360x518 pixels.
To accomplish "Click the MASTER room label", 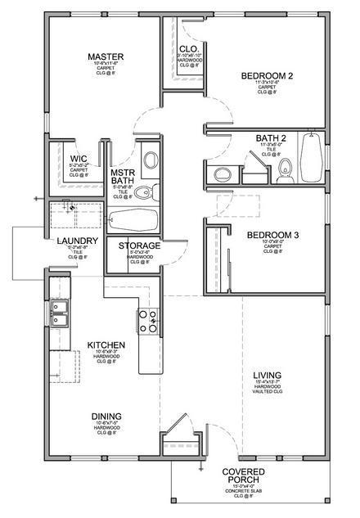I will [104, 56].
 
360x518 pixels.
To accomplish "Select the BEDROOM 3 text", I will [272, 235].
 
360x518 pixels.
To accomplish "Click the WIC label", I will [79, 158].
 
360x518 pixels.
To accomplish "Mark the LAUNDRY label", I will [79, 241].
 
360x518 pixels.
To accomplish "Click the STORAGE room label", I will [139, 245].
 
